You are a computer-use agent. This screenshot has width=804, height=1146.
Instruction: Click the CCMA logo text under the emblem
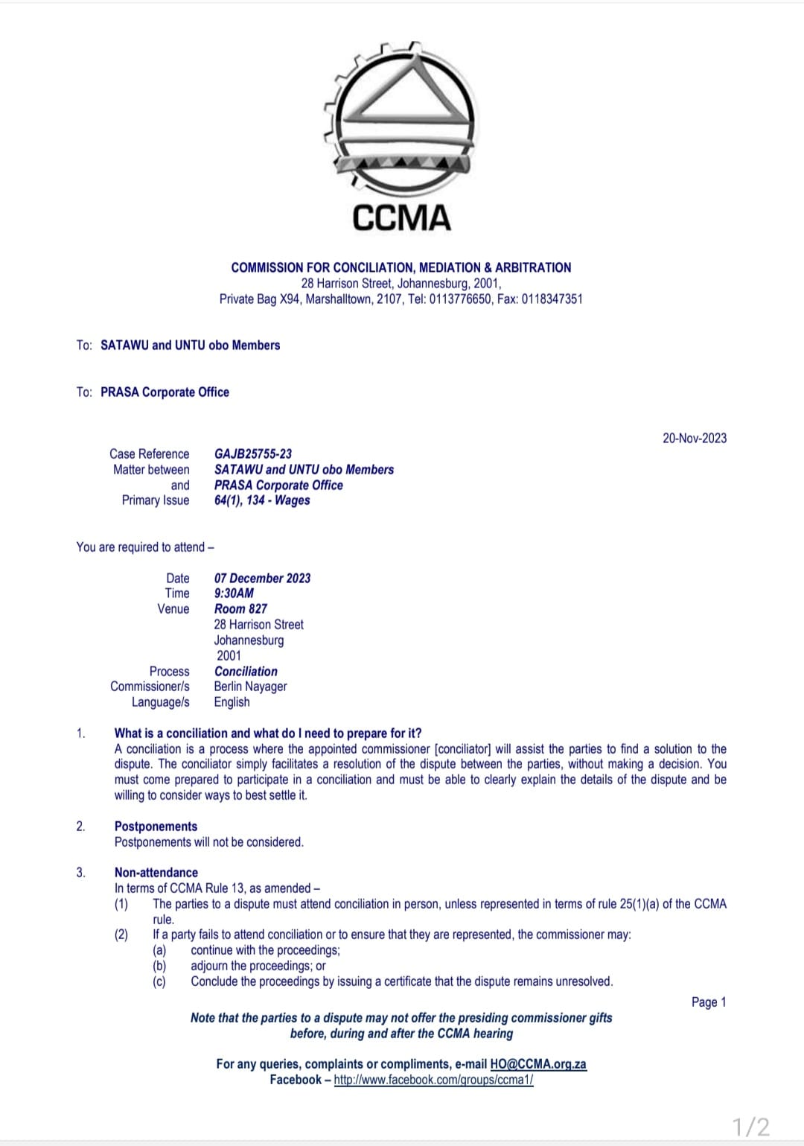coord(401,218)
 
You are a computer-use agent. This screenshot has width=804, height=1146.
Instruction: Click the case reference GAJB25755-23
coord(253,453)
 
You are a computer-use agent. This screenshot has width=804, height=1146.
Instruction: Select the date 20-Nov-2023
coord(695,438)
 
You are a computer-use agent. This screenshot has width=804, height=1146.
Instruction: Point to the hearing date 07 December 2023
coord(262,578)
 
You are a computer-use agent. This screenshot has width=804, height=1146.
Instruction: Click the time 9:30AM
coord(234,593)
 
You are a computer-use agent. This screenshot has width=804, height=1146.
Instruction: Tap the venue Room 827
coord(240,608)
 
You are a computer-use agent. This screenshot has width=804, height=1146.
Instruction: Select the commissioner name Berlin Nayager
coord(250,687)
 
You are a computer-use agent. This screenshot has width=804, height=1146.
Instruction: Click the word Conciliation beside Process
coord(246,671)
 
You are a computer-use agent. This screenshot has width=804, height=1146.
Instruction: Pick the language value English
coord(232,702)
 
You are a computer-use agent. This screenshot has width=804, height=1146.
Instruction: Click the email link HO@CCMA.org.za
coord(538,1064)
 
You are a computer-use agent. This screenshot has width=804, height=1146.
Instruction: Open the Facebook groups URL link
coord(433,1080)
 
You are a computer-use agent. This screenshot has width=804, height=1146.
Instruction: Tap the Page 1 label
coord(708,1002)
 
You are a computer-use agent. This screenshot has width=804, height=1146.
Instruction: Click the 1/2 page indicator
coord(750,1126)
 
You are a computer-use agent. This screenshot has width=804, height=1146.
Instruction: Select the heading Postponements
coord(156,826)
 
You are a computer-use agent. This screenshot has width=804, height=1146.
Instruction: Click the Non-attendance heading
coord(156,872)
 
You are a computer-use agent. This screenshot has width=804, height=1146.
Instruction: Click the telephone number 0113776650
coord(460,299)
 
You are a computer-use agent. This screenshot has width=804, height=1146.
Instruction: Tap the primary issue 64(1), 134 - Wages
coord(262,500)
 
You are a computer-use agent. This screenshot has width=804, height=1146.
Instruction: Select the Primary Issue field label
coord(156,500)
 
